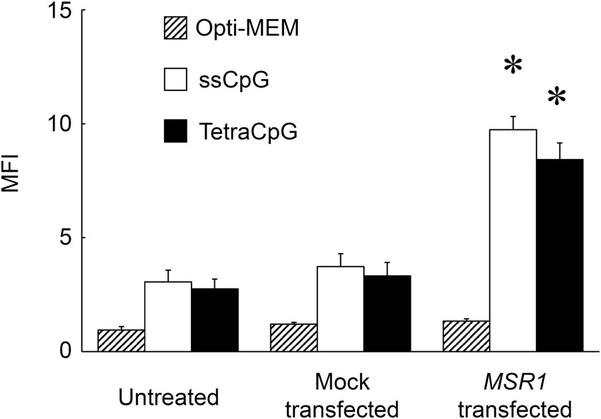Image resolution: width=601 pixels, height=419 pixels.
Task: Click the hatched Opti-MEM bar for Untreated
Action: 121,341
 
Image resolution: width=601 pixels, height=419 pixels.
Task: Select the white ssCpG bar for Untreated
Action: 168,317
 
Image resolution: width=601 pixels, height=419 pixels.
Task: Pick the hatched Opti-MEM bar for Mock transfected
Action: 293,338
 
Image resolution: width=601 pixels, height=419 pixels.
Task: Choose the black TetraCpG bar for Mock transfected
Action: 387,313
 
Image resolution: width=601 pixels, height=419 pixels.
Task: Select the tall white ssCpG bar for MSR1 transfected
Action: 513,240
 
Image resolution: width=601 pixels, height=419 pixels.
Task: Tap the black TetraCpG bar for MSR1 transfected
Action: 559,255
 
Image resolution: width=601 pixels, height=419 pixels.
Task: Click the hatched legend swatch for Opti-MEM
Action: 176,30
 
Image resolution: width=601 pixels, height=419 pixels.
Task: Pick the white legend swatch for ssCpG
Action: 176,81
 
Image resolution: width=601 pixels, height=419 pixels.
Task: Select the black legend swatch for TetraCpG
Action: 176,130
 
